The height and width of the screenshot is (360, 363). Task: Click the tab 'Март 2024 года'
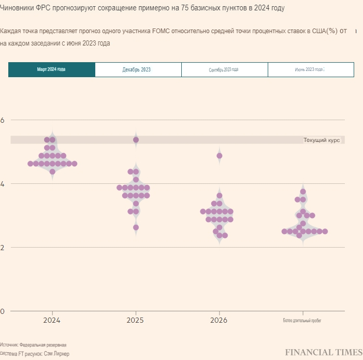pos(52,69)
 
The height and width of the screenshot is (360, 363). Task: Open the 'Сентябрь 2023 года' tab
pos(224,69)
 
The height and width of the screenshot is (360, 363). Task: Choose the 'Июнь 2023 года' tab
pos(310,69)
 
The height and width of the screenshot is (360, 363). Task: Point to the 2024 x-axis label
pos(52,321)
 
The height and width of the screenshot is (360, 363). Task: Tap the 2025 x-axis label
pos(136,321)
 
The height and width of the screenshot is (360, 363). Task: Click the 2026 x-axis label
pos(219,321)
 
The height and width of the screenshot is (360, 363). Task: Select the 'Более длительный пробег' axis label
pos(302,321)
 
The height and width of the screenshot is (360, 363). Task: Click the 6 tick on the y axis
pos(2,120)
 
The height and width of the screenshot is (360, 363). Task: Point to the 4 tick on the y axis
pos(2,184)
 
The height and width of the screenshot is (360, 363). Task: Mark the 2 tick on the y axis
pos(2,248)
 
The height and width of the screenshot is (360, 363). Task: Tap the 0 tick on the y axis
pos(2,311)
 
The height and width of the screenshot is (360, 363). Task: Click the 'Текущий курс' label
pos(321,140)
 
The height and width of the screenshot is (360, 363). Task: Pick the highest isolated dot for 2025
pos(136,140)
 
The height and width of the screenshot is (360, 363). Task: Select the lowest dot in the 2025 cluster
pos(136,227)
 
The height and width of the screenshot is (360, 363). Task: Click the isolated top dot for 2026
pos(220,156)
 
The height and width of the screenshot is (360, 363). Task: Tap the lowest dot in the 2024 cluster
pos(52,172)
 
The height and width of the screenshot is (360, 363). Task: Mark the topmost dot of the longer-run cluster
pos(303,192)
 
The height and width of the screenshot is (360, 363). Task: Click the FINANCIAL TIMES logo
pos(323,352)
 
